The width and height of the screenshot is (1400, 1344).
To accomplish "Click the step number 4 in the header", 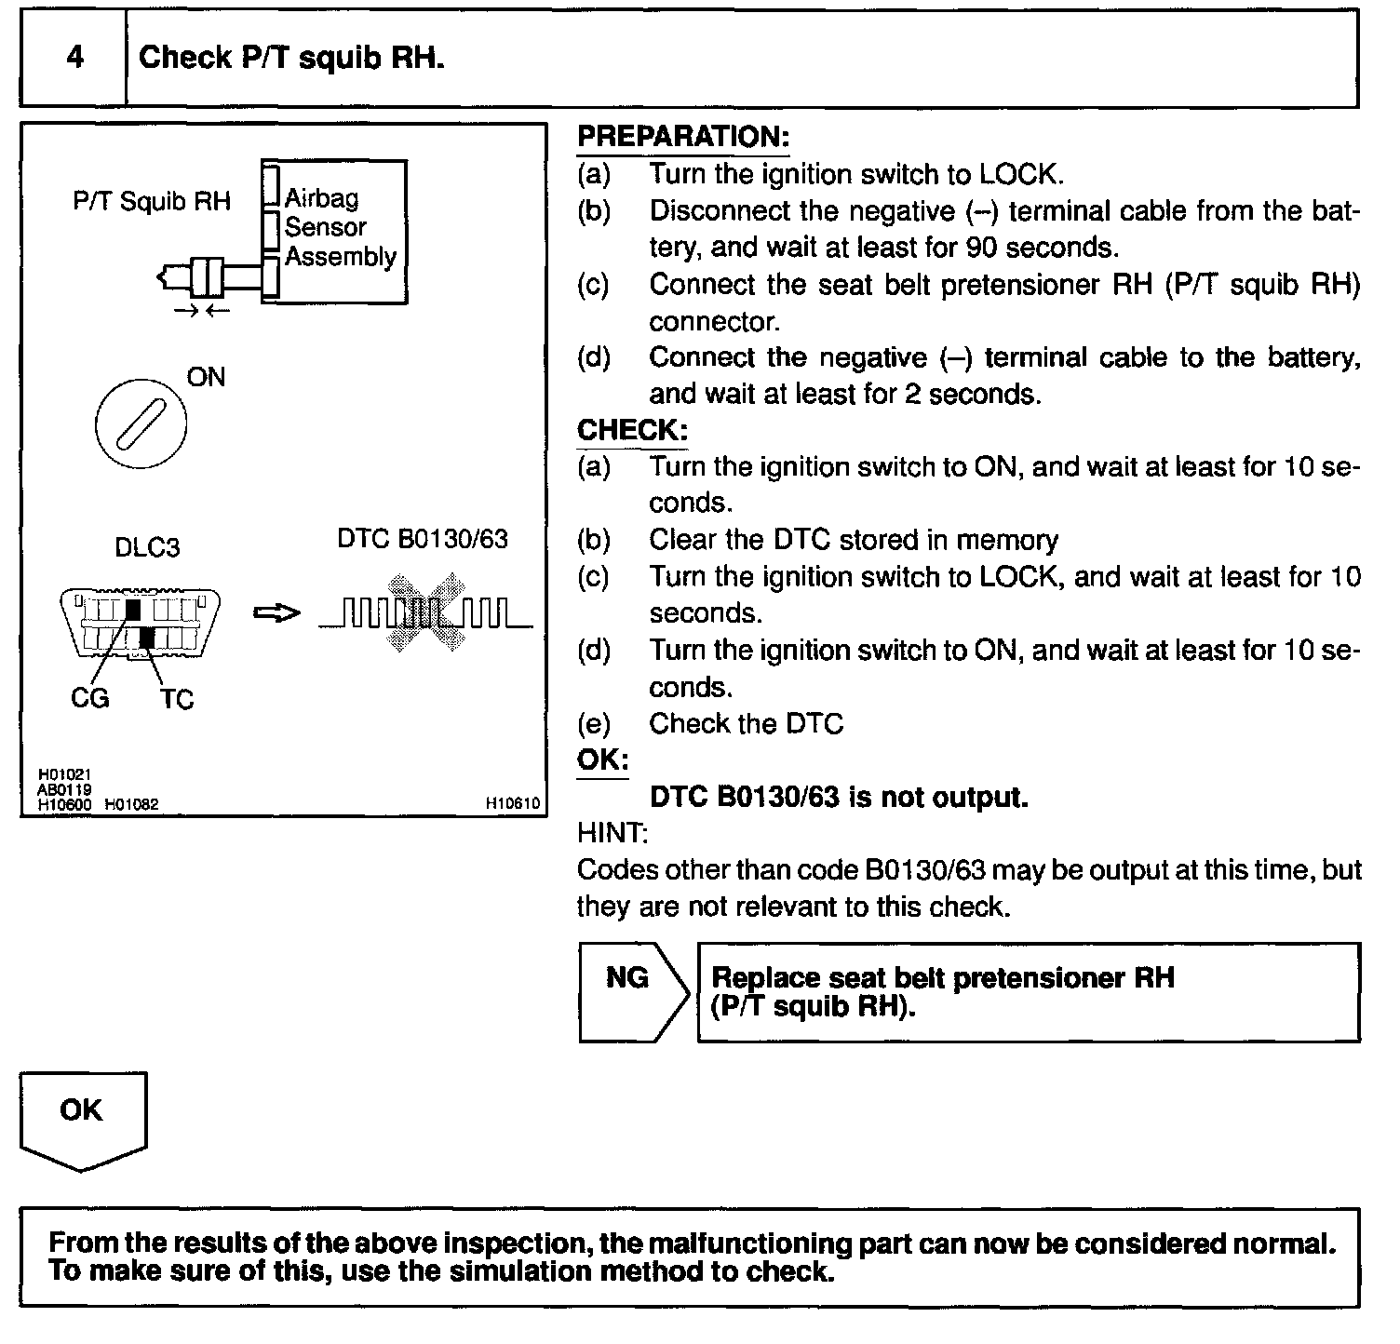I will (74, 58).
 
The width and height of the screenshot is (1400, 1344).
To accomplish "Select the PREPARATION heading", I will (682, 137).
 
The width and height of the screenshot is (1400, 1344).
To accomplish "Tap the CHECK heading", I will (632, 430).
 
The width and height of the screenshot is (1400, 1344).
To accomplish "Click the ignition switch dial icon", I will (141, 424).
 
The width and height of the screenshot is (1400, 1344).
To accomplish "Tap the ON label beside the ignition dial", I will (206, 377).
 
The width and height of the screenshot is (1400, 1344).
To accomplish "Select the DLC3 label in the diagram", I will (147, 546).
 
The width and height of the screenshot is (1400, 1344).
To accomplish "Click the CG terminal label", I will (90, 697).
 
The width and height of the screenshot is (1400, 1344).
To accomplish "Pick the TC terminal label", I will (176, 699).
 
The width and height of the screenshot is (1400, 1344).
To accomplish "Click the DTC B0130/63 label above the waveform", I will (423, 540).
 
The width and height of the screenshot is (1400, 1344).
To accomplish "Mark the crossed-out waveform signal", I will (425, 613).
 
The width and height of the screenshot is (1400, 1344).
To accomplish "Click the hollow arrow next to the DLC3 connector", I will (277, 613).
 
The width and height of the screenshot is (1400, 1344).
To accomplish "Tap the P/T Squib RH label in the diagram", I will (152, 201).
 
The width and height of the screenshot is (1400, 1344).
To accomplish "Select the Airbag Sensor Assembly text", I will (340, 227).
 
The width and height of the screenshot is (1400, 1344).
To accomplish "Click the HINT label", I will (612, 833).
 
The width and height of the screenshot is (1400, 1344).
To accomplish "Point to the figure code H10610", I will (512, 803).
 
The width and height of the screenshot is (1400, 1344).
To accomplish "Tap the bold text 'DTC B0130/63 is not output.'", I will (838, 797).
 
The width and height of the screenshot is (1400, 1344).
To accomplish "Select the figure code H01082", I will (131, 804).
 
